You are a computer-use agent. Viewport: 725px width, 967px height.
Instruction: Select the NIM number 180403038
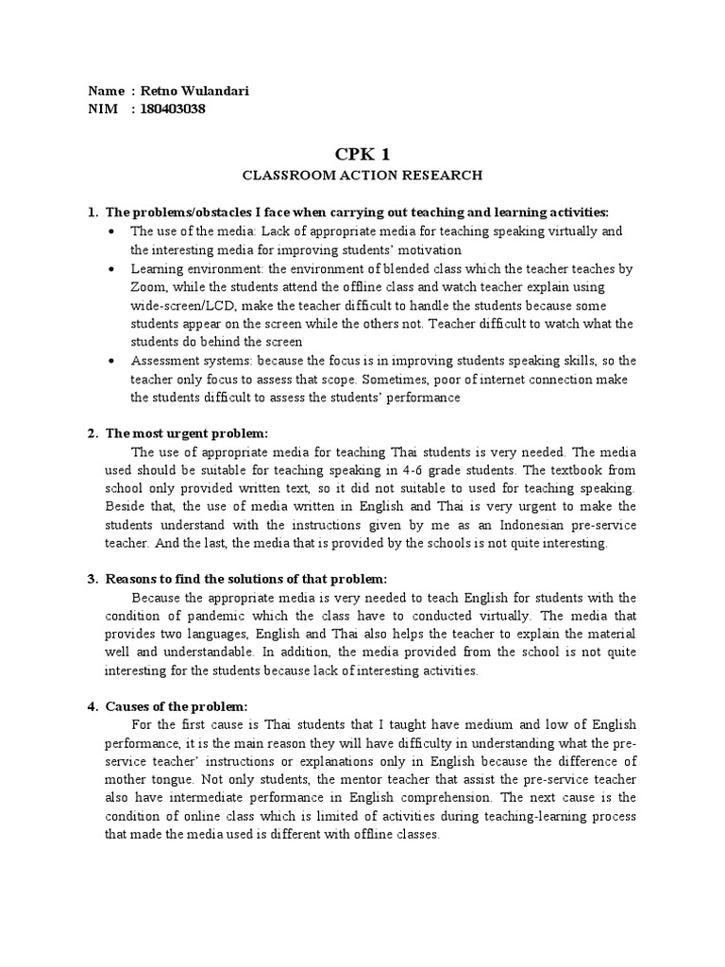[x=174, y=110]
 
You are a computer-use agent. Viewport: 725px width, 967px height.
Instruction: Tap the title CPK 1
[x=362, y=154]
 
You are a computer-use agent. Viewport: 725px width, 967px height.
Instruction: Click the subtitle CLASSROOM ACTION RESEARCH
[x=362, y=175]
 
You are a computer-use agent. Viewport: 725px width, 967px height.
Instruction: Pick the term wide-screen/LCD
[x=179, y=305]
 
